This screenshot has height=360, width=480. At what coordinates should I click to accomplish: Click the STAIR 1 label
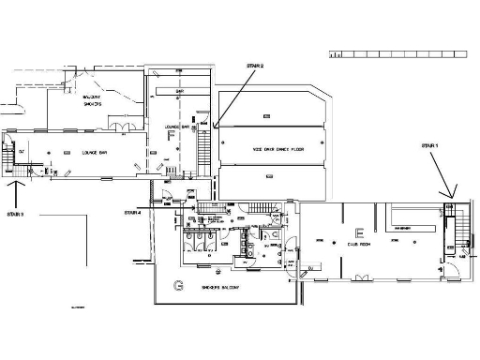[429, 146]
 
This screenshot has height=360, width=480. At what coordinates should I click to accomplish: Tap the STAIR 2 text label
[255, 66]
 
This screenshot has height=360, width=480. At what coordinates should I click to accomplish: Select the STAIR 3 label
[15, 215]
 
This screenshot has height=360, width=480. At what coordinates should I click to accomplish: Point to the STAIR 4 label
[132, 213]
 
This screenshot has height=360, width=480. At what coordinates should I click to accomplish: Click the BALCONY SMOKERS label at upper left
[92, 101]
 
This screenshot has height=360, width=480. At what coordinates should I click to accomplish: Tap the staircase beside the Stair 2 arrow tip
[204, 150]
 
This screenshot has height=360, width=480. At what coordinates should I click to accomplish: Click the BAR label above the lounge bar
[179, 91]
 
